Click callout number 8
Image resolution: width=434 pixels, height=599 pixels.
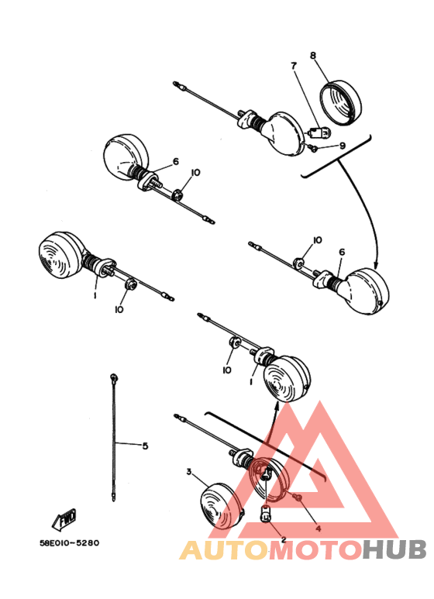(x=313, y=56)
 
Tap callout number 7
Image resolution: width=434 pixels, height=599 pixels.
(x=294, y=67)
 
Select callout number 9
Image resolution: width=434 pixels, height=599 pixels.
(x=343, y=145)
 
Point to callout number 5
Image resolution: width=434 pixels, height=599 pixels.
(x=144, y=446)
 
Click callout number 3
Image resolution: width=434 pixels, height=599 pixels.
(x=188, y=471)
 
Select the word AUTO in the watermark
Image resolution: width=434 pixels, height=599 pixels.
(x=225, y=549)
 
